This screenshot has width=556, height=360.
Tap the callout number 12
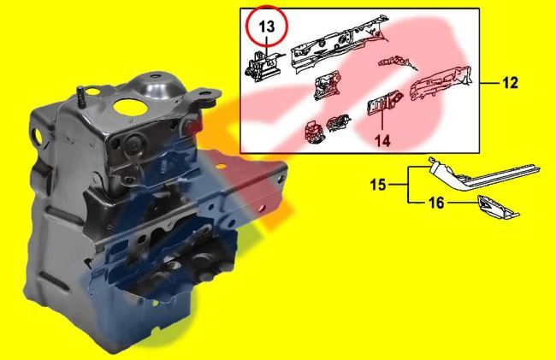tap(511, 84)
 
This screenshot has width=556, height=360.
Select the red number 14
tap(382, 139)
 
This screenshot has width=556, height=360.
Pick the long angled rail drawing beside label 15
tap(479, 176)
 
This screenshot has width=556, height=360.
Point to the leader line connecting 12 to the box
tap(489, 84)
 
